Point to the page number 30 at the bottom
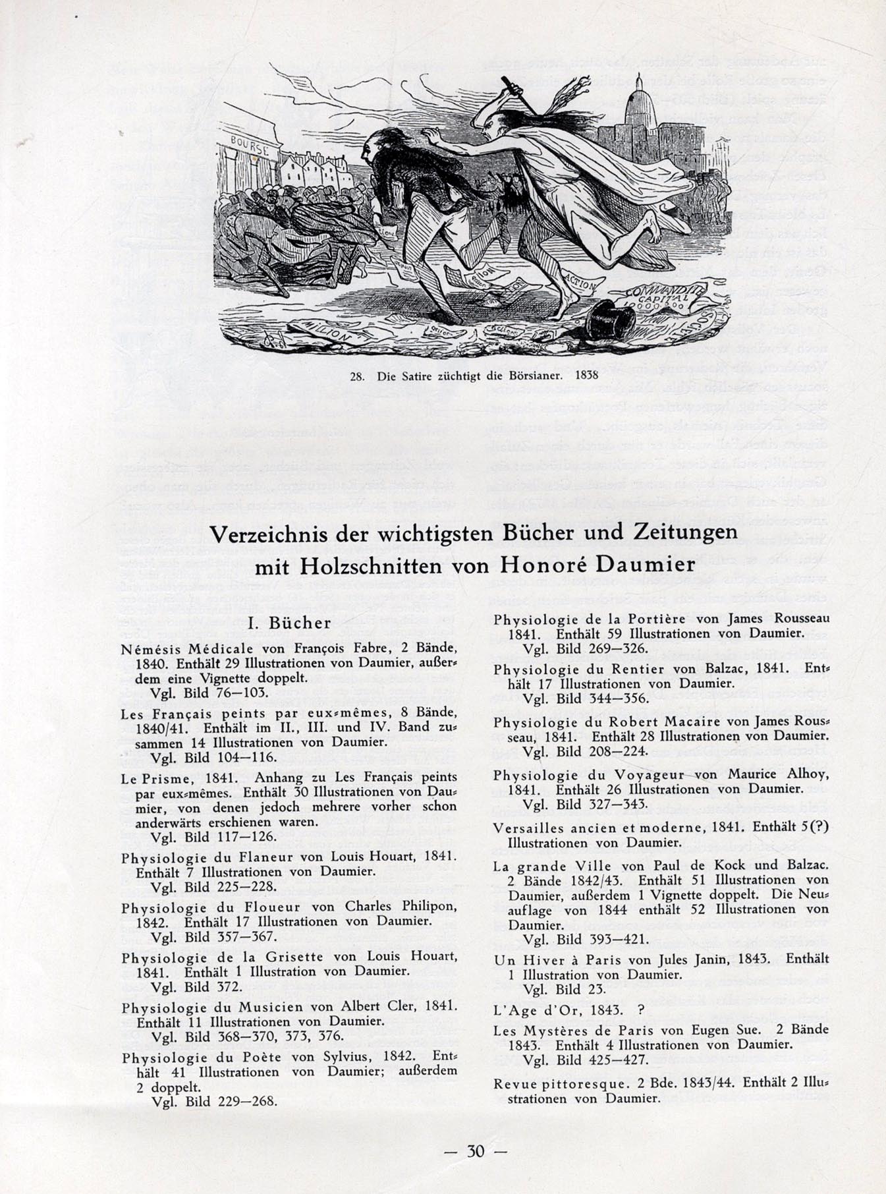point(476,1151)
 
